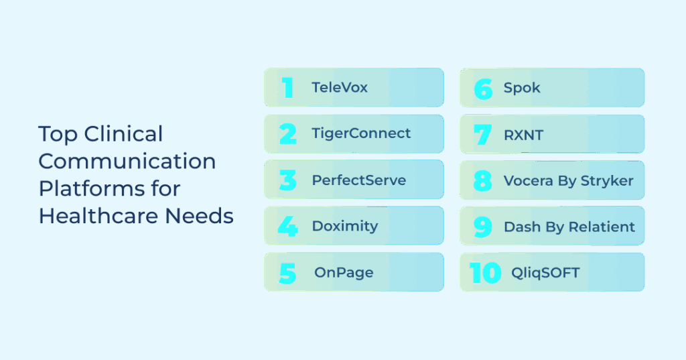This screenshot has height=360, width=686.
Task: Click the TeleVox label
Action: click(x=340, y=88)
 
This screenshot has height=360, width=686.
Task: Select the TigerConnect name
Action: click(x=361, y=133)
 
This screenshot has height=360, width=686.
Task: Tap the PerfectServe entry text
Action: click(x=359, y=180)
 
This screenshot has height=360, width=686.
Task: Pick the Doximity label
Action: click(x=345, y=226)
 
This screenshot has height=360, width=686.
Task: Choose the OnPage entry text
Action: click(x=344, y=272)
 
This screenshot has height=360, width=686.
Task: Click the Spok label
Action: click(x=522, y=88)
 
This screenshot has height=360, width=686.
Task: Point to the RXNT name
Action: click(x=523, y=135)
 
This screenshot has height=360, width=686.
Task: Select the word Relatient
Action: click(x=602, y=227)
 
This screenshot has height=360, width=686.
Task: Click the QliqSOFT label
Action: click(x=545, y=273)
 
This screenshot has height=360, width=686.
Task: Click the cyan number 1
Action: click(x=287, y=88)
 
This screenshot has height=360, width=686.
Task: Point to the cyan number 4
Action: click(x=288, y=227)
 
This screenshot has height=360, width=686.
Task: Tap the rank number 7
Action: click(x=482, y=135)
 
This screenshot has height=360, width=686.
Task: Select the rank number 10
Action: click(x=485, y=272)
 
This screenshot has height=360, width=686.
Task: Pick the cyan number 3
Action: click(x=288, y=180)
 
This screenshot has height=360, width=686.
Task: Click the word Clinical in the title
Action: click(x=123, y=134)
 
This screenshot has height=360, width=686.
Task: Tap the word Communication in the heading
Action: click(x=127, y=161)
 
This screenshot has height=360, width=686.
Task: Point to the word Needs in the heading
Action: click(x=200, y=216)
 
